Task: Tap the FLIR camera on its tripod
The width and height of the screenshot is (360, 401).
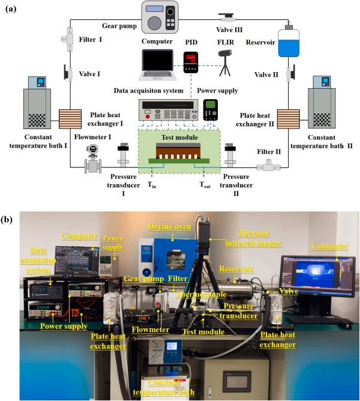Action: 226,62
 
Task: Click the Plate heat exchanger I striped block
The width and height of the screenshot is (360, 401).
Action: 70,120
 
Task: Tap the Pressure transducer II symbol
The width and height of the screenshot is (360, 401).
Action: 231,155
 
